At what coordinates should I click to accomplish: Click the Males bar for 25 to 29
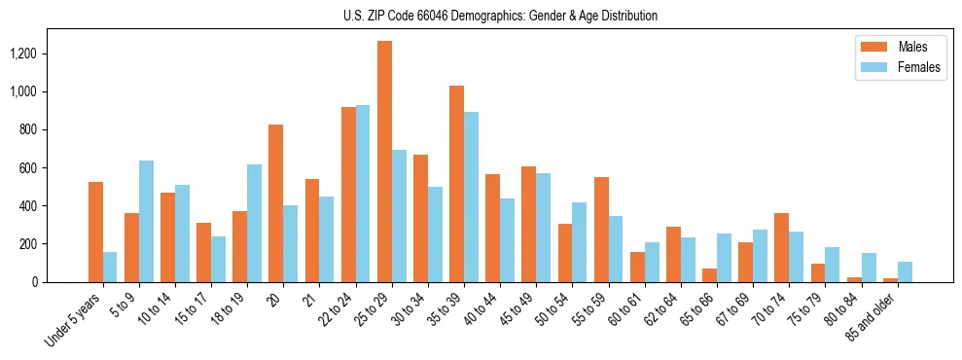[384, 162]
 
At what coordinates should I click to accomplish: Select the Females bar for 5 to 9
[146, 221]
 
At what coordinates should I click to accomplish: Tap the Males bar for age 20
[275, 203]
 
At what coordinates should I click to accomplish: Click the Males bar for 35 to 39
[456, 184]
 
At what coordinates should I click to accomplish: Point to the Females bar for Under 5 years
[110, 267]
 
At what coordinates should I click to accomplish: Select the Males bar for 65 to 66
[710, 275]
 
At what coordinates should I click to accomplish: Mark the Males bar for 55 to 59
[601, 230]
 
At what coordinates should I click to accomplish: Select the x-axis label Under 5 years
[73, 320]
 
